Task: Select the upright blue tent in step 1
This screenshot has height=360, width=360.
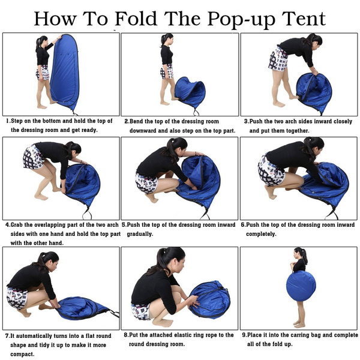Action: click(64, 72)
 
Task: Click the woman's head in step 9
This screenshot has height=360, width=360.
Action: click(300, 253)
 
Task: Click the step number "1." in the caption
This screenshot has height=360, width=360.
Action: click(8, 121)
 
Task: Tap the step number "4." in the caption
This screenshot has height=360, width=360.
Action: click(8, 225)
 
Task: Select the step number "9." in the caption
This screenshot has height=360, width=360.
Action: click(245, 335)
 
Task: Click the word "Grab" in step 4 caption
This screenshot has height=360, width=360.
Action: click(20, 225)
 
